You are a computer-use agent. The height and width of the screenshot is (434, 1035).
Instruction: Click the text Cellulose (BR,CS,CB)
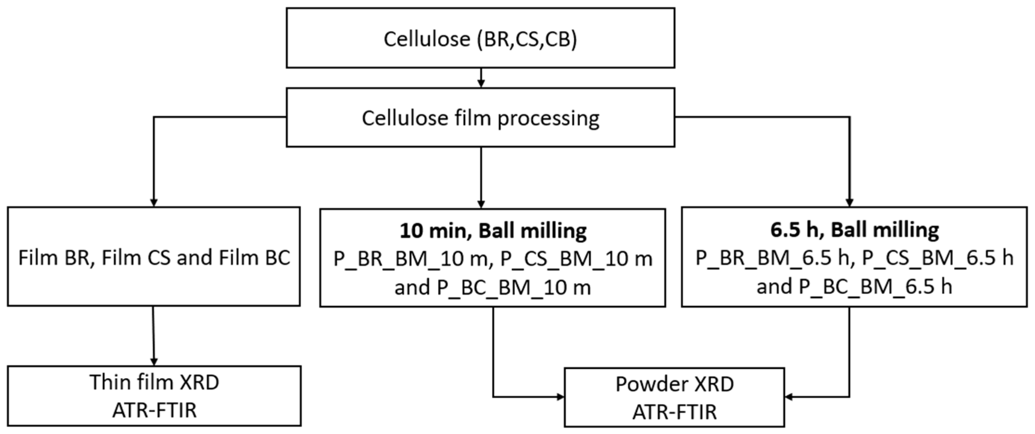pos(480,39)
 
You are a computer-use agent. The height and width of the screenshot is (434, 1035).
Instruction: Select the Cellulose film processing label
pos(480,118)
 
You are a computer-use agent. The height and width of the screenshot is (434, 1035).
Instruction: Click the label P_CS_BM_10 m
pos(576,259)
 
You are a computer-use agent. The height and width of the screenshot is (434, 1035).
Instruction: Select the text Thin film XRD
pos(154,382)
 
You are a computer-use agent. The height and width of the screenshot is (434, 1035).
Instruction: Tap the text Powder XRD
pos(675,384)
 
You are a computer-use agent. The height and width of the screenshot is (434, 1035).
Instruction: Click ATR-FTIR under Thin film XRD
pos(154,411)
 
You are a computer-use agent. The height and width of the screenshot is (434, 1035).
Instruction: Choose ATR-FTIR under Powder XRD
pos(675,412)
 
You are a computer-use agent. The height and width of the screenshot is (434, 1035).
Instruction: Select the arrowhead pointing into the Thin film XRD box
pos(154,361)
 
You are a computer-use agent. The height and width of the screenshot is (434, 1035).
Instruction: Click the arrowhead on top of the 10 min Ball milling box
pos(481,204)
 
